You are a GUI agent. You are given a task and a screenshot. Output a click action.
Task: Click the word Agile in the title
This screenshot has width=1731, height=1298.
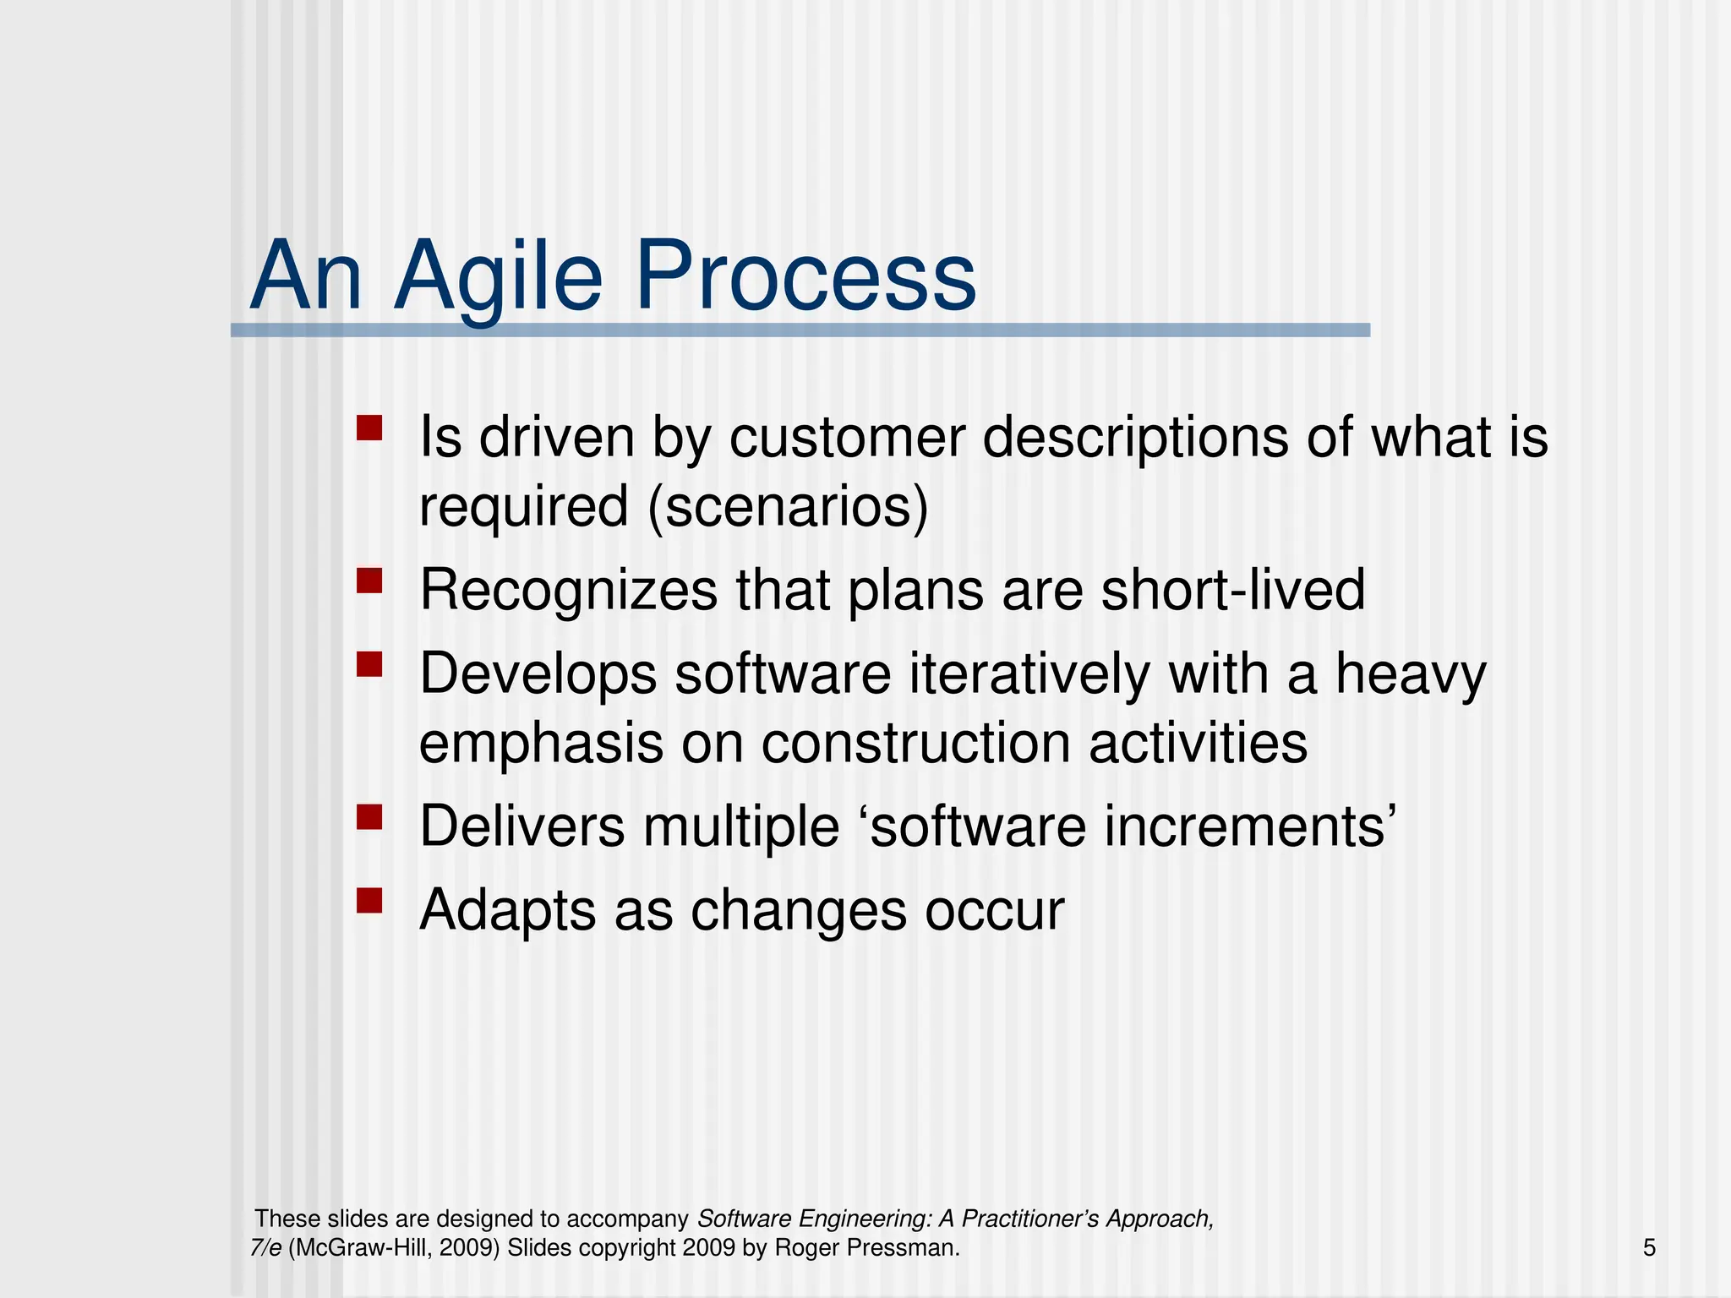pos(498,277)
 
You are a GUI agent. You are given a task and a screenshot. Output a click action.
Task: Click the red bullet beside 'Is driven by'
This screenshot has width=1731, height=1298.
pos(369,428)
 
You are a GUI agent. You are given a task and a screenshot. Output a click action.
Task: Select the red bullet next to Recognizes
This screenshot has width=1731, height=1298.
pos(369,581)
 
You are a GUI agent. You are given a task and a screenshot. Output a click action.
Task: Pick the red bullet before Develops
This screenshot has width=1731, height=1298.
pos(369,664)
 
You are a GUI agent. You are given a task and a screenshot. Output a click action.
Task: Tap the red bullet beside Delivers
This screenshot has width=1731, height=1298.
pos(369,817)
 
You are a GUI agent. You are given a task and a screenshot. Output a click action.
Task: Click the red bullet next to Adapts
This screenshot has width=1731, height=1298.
pos(369,901)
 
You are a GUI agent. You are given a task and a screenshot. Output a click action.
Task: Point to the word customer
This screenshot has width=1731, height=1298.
pos(846,438)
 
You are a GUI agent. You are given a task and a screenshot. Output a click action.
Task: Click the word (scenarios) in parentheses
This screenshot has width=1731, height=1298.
pos(788,507)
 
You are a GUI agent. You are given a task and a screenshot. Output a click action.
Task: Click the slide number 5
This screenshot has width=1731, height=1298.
pos(1649,1247)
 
